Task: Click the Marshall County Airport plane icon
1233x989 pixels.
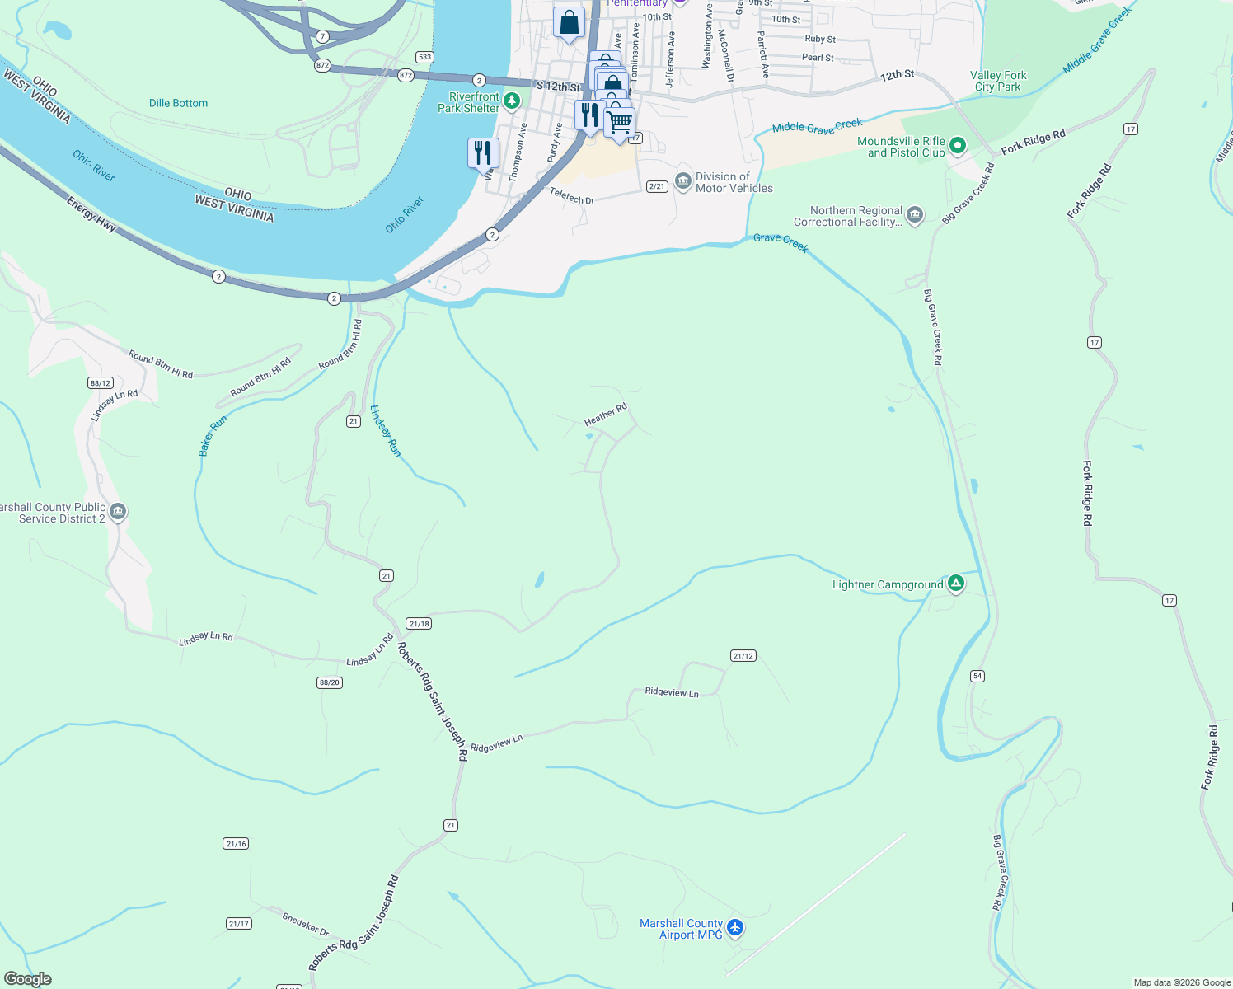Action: (735, 928)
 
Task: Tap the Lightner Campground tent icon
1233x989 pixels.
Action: (956, 584)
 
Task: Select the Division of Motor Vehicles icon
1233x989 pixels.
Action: (682, 182)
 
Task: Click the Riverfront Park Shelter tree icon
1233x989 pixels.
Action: (512, 101)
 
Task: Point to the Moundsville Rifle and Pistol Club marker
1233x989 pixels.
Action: (957, 147)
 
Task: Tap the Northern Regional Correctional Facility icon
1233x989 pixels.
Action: (914, 216)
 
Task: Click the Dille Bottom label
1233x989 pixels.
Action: (178, 103)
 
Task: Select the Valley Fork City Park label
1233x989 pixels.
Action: (998, 81)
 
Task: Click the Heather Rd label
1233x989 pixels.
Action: (606, 414)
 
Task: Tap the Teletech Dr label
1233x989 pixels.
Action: (572, 195)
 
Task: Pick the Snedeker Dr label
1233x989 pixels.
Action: (305, 924)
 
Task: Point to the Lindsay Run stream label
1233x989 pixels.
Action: (385, 431)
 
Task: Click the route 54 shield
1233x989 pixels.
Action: (977, 676)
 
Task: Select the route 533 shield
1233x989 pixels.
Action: (424, 57)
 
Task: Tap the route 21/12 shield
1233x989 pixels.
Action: (743, 656)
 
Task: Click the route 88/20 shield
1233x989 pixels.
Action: (329, 682)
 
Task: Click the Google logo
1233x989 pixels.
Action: (28, 979)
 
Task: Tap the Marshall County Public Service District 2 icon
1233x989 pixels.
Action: (118, 513)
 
